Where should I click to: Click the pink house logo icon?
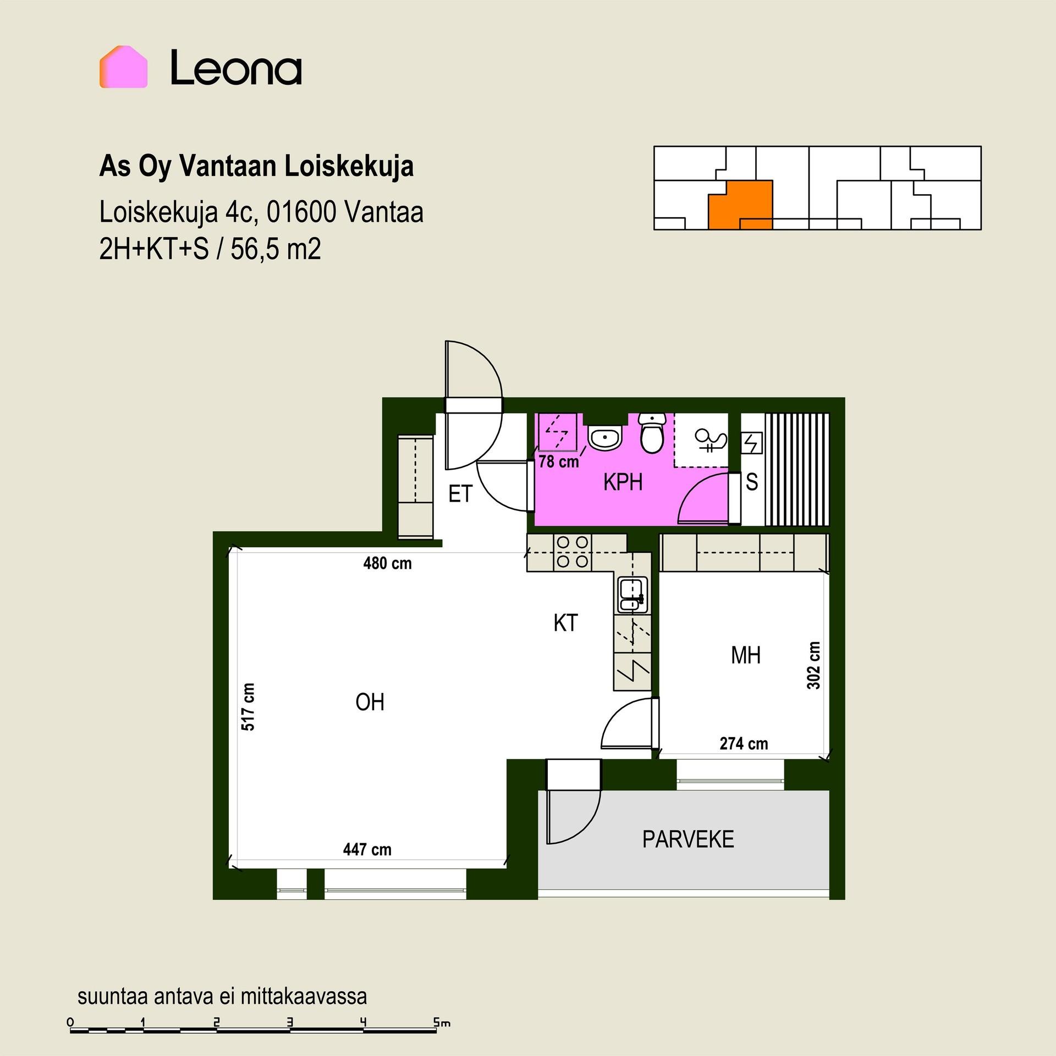pos(123,67)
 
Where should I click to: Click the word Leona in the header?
pos(236,68)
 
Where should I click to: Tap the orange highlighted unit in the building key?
pos(740,205)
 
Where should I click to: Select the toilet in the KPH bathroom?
pos(652,433)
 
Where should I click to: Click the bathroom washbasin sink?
pos(604,438)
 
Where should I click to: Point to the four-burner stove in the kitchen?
pos(573,552)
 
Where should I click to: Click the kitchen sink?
pos(630,595)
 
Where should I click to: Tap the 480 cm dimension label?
pos(387,563)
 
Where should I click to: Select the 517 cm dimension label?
pos(248,707)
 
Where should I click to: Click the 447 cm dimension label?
pos(367,850)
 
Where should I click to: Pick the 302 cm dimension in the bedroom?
pos(813,665)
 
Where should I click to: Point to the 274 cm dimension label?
pos(744,744)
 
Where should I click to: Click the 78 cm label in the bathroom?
pos(559,461)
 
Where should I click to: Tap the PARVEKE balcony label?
pos(688,839)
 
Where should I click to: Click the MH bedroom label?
pos(746,655)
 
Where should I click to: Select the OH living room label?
pos(370,702)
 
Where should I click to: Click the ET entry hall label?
pos(460,494)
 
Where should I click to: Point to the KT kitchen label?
pos(565,623)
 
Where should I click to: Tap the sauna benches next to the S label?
pos(797,470)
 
